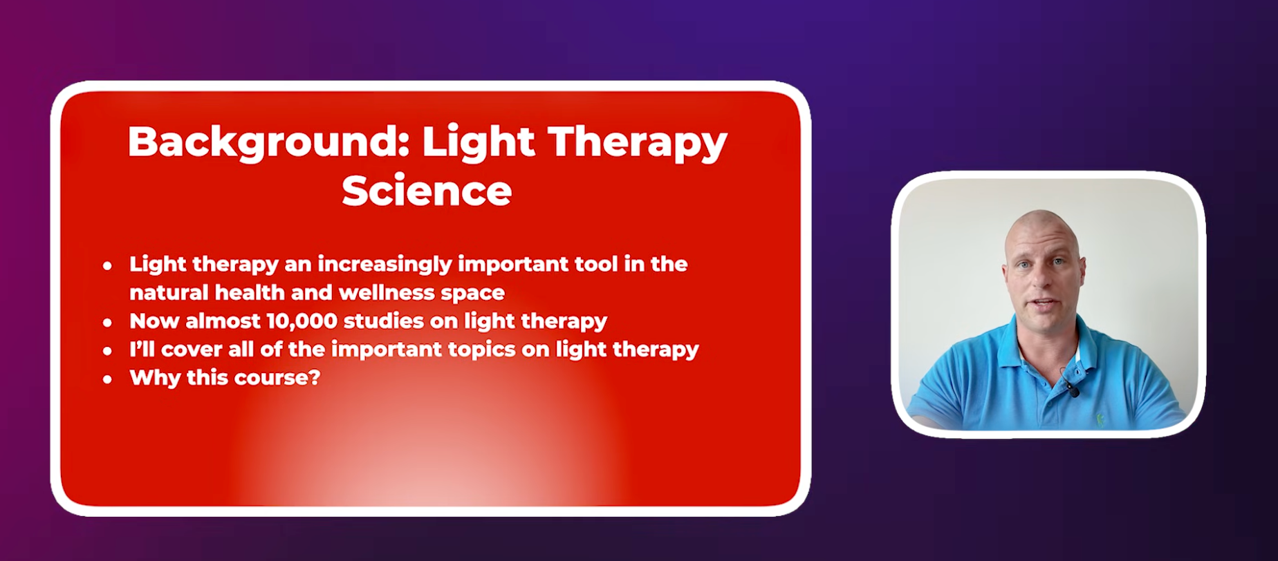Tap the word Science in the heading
pyautogui.click(x=427, y=191)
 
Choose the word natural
pyautogui.click(x=169, y=292)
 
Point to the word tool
pyautogui.click(x=598, y=264)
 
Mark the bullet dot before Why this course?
pyautogui.click(x=107, y=379)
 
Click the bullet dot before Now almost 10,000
pyautogui.click(x=107, y=322)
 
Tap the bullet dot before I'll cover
pyautogui.click(x=107, y=351)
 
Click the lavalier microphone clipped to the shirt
pyautogui.click(x=1072, y=390)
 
